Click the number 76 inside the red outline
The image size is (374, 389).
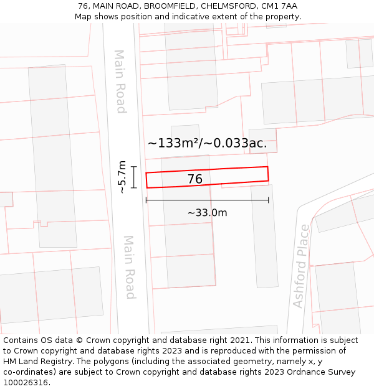tap(194, 179)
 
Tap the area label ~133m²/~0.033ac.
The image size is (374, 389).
tap(207, 143)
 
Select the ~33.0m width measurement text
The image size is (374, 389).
tap(207, 213)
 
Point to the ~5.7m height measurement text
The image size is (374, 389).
tap(122, 177)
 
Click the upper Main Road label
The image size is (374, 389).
tap(120, 82)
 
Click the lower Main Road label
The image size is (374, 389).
tap(129, 266)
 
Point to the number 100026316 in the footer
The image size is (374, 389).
tap(26, 383)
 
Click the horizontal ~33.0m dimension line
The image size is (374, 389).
tap(207, 200)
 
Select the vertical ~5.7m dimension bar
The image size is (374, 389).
tap(133, 177)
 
